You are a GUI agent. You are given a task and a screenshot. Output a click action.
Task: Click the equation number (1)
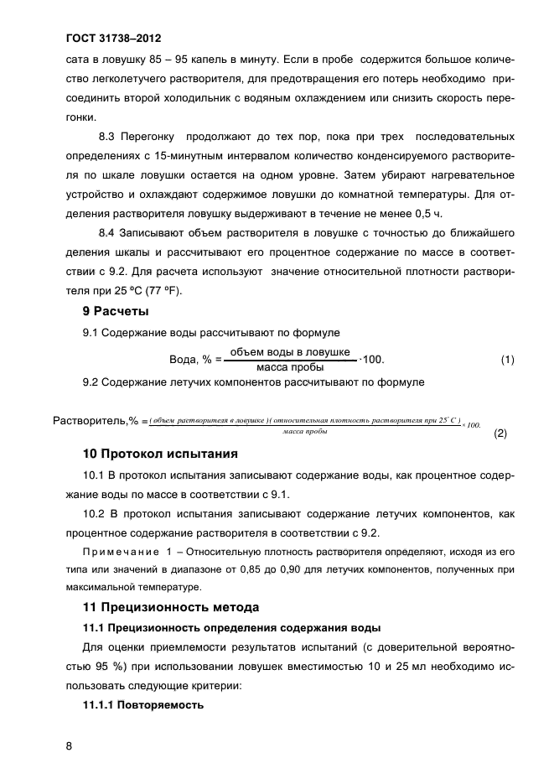507,360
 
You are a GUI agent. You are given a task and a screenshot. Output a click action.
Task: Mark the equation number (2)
501,434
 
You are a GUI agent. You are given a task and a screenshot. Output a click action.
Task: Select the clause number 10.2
96,512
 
